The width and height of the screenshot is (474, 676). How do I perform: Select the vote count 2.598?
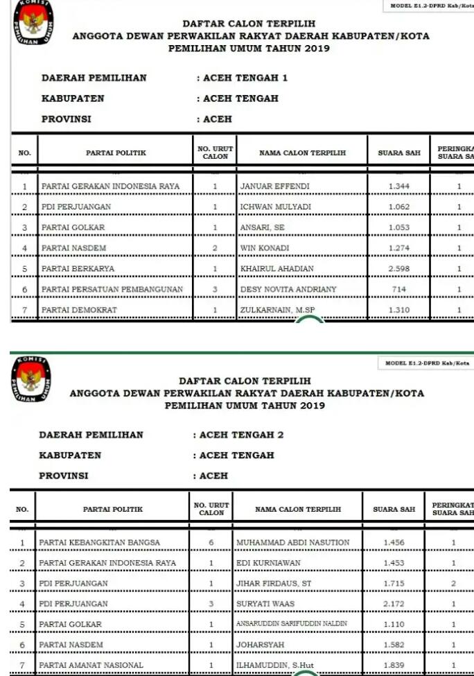398,269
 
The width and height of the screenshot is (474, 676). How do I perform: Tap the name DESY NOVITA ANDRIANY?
288,289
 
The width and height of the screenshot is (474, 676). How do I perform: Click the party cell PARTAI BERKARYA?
78,269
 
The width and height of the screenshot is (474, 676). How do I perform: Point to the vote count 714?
398,289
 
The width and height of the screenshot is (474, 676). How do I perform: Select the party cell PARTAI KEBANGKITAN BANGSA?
99,542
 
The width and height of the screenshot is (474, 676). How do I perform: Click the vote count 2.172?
394,604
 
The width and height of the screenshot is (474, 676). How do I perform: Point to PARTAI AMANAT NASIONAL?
91,666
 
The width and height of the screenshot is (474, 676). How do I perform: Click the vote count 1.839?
394,666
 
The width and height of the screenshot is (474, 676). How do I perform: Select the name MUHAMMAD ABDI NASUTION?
292,542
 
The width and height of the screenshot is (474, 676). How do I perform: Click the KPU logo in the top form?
32,22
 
